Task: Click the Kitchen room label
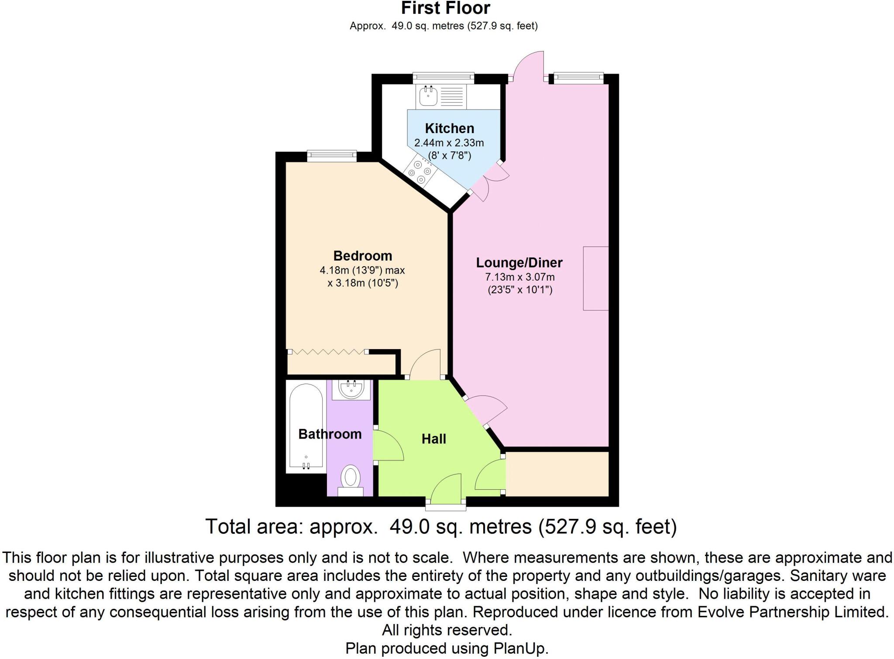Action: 449,128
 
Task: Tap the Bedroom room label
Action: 362,256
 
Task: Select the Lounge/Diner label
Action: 519,263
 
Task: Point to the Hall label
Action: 433,439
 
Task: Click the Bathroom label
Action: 330,434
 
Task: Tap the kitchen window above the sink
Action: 443,78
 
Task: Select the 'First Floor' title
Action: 445,8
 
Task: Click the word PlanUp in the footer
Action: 520,648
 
